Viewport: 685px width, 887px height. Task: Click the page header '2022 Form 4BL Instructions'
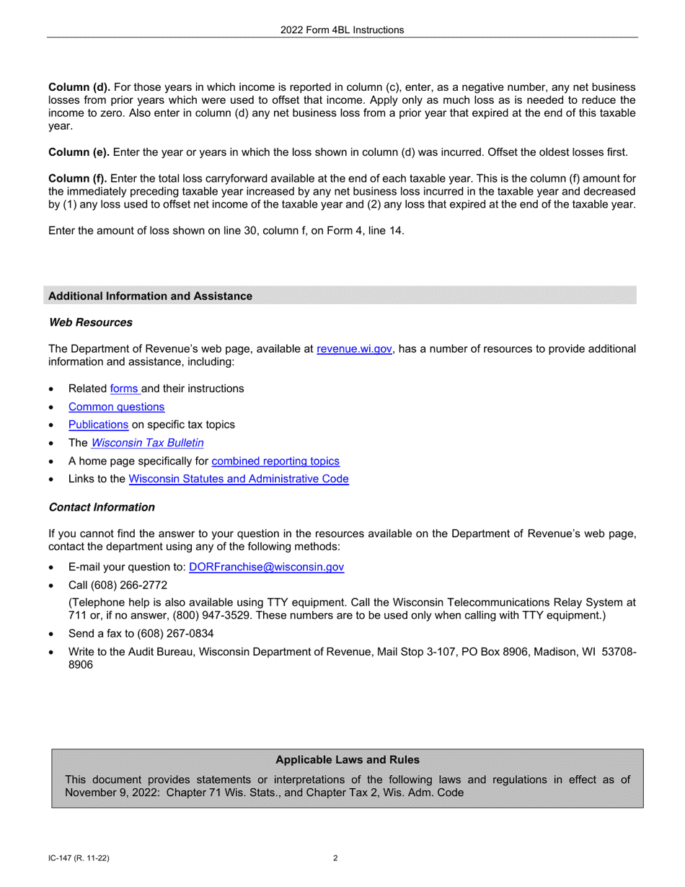click(x=342, y=30)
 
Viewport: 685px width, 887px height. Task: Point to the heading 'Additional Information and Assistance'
click(x=150, y=296)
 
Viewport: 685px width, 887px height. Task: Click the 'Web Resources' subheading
click(x=90, y=322)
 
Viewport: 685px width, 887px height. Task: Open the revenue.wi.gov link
click(x=354, y=348)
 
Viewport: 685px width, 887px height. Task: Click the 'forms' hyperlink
click(x=125, y=388)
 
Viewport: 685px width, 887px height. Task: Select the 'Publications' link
click(x=98, y=424)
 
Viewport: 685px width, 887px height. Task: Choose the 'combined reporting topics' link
click(x=275, y=460)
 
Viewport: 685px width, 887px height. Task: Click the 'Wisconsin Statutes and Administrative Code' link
click(x=238, y=478)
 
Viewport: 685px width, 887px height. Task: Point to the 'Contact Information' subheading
click(x=102, y=507)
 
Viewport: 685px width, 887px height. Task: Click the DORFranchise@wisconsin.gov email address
click(x=266, y=567)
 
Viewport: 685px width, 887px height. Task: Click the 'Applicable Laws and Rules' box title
click(x=348, y=759)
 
